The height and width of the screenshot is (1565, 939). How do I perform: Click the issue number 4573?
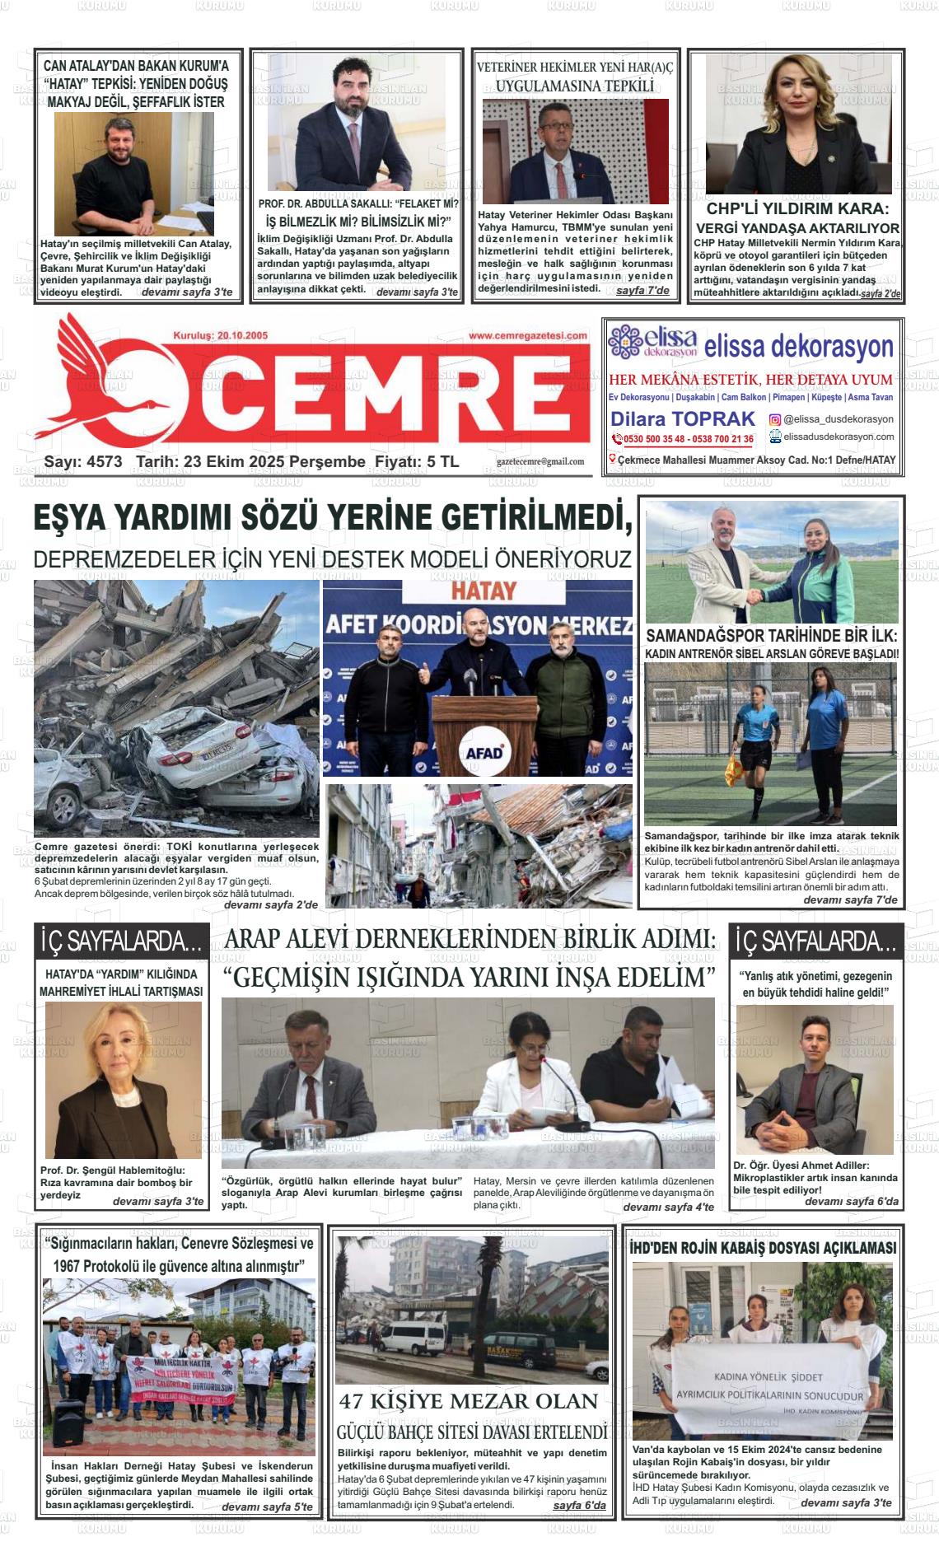pos(104,462)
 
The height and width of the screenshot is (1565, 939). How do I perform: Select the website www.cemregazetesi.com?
pos(528,336)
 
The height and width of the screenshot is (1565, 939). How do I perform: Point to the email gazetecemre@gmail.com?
pos(540,462)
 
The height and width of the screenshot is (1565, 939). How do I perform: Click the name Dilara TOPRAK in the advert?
pos(683,419)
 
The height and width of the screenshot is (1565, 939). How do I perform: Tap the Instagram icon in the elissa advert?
pos(775,419)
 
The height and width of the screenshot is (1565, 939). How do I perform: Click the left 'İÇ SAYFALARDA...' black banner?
pos(120,941)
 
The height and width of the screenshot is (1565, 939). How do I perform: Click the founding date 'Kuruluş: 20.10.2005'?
pos(215,336)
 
